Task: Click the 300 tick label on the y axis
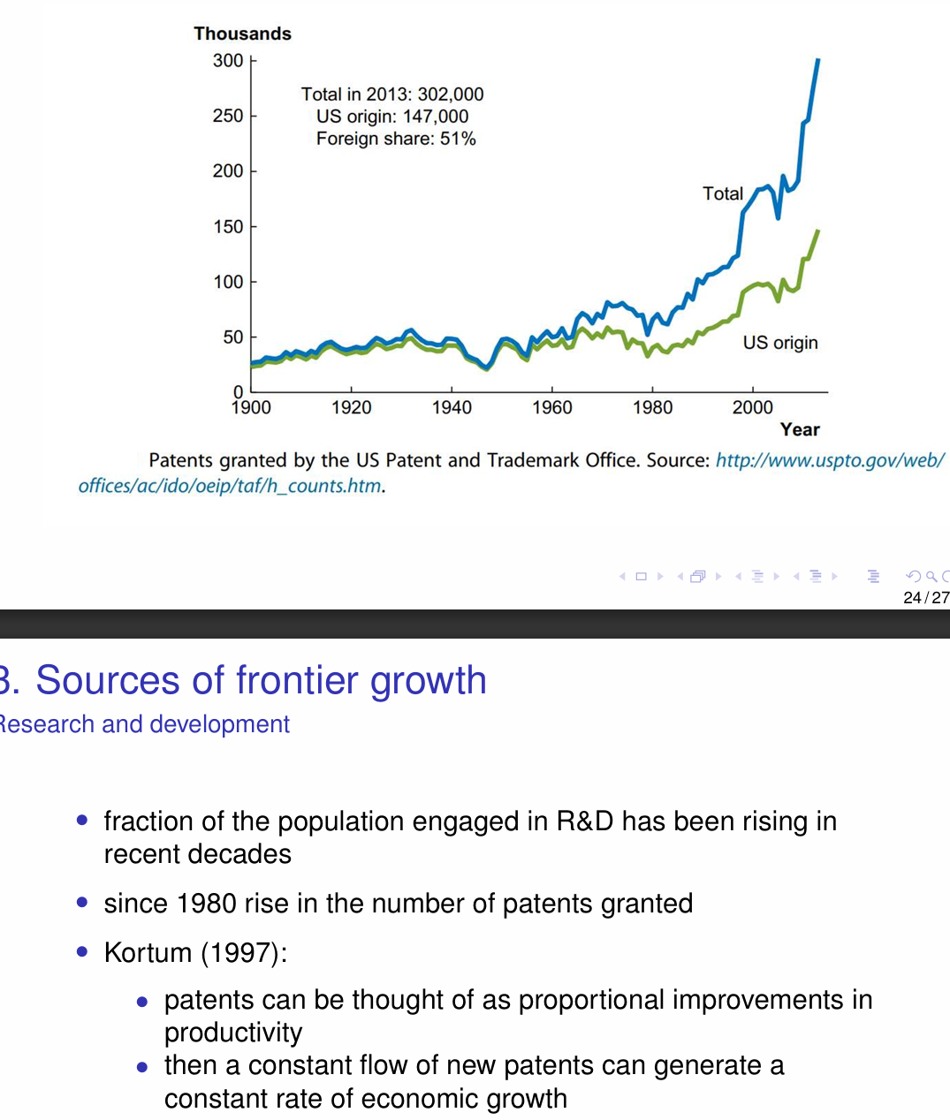pyautogui.click(x=227, y=61)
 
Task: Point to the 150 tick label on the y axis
pyautogui.click(x=227, y=227)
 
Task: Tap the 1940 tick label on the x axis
pyautogui.click(x=452, y=408)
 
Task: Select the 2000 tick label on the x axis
pyautogui.click(x=752, y=408)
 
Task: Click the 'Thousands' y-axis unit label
pyautogui.click(x=242, y=34)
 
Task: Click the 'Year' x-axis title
pyautogui.click(x=800, y=430)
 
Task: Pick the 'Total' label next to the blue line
pyautogui.click(x=722, y=193)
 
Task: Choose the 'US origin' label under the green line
pyautogui.click(x=780, y=343)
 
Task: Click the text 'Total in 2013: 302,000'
pyautogui.click(x=392, y=95)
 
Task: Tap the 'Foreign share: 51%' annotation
pyautogui.click(x=396, y=139)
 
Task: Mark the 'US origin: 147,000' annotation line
pyautogui.click(x=392, y=117)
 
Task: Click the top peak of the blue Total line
pyautogui.click(x=817, y=60)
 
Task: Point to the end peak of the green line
pyautogui.click(x=817, y=231)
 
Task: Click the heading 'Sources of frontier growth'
pyautogui.click(x=261, y=681)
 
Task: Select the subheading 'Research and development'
pyautogui.click(x=145, y=724)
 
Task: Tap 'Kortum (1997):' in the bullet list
pyautogui.click(x=195, y=952)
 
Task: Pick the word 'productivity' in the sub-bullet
pyautogui.click(x=233, y=1033)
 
